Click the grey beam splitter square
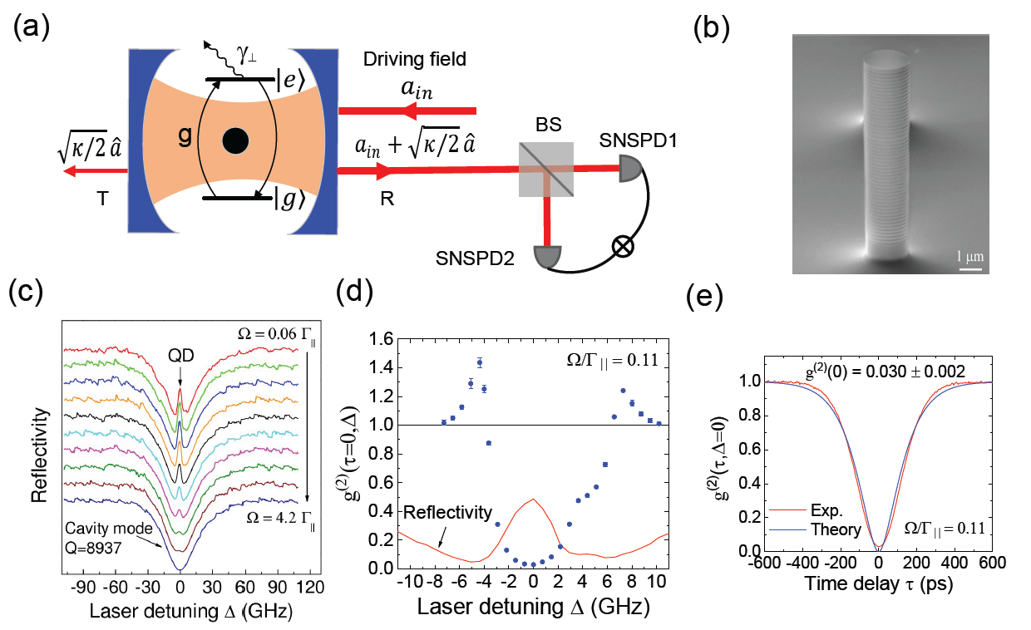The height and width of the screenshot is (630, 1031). click(545, 170)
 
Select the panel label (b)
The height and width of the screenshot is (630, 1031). click(711, 27)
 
